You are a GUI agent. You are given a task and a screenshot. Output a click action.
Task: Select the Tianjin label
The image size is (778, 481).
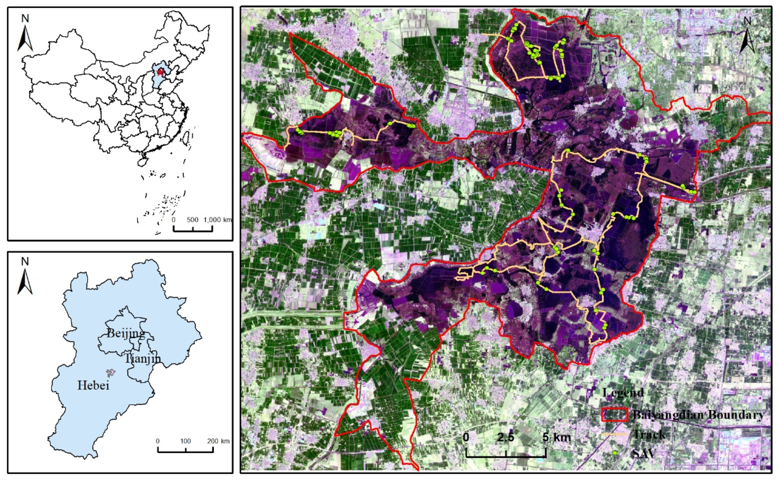coord(143,358)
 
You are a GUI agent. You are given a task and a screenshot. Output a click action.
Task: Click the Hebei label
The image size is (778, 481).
coord(93,386)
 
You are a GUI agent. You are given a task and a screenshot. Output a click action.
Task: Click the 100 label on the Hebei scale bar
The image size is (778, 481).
coord(186,441)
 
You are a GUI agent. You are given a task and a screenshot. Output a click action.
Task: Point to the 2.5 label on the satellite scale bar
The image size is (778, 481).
coord(506,437)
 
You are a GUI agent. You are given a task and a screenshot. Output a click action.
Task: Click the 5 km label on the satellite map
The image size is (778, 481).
coord(557,437)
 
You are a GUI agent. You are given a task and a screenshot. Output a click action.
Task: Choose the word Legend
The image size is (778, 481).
coord(623,393)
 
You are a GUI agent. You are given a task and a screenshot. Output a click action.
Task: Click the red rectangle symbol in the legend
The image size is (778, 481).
coord(615,415)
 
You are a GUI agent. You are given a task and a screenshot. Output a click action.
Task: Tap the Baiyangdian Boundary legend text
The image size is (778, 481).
coord(698,415)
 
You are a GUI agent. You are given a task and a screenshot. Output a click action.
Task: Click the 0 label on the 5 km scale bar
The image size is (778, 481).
coord(466,437)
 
